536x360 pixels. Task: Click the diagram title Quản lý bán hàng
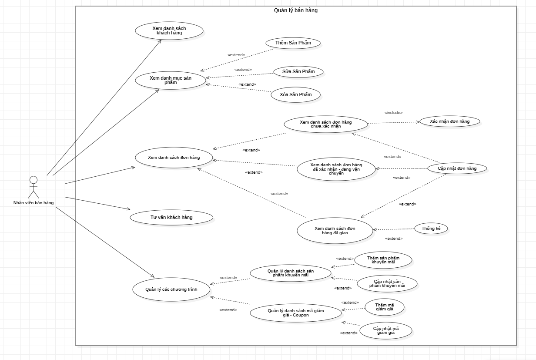pyautogui.click(x=295, y=10)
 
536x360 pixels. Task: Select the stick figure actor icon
pyautogui.click(x=33, y=187)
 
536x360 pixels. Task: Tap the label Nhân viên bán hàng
pyautogui.click(x=33, y=202)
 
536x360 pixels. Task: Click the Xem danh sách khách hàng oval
pyautogui.click(x=169, y=30)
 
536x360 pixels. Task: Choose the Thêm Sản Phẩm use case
pyautogui.click(x=293, y=43)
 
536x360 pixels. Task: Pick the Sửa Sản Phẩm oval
pyautogui.click(x=298, y=71)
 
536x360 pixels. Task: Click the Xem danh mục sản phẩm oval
pyautogui.click(x=170, y=80)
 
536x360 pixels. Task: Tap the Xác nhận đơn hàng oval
pyautogui.click(x=449, y=121)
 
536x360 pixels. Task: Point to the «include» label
pyautogui.click(x=393, y=113)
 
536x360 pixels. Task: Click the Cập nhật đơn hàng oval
pyautogui.click(x=457, y=168)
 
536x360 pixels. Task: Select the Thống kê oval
pyautogui.click(x=431, y=229)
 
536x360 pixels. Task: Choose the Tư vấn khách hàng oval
pyautogui.click(x=171, y=217)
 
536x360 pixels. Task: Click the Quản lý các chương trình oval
pyautogui.click(x=171, y=289)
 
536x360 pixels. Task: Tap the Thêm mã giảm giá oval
pyautogui.click(x=385, y=307)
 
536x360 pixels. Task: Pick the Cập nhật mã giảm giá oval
pyautogui.click(x=386, y=330)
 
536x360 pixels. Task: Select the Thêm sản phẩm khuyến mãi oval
pyautogui.click(x=383, y=260)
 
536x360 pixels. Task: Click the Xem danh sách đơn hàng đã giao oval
pyautogui.click(x=335, y=230)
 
